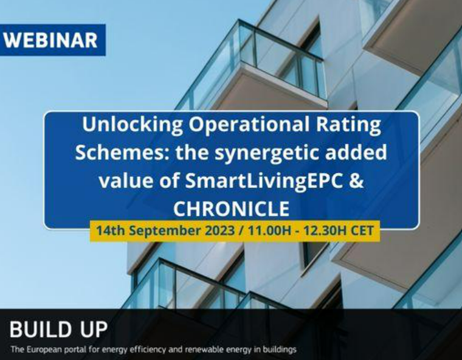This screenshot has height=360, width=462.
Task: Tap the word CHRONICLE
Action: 231,209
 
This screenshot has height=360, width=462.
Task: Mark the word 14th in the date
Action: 107,231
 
